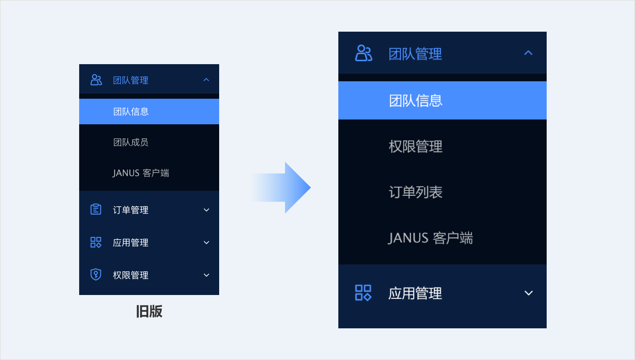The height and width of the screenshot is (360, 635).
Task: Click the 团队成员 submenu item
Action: tap(131, 142)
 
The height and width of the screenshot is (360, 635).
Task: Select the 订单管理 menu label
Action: tap(131, 210)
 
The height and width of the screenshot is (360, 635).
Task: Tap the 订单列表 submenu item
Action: tap(415, 192)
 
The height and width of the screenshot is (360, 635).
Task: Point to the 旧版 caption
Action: tap(149, 311)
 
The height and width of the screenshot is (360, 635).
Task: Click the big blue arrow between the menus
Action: tap(282, 187)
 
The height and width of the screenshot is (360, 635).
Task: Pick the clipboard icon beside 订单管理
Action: tap(96, 210)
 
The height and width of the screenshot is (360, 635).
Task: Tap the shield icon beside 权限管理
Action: tap(96, 275)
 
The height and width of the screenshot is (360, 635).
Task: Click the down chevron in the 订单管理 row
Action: tap(206, 210)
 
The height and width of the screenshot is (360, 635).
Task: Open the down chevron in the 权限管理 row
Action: tap(206, 275)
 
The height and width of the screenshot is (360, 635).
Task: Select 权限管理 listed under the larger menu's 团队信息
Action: tap(415, 146)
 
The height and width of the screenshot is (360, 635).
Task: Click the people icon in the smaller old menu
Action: tap(96, 80)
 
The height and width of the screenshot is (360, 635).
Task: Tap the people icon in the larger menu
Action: tap(364, 53)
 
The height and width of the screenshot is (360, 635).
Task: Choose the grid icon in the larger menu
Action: tap(363, 293)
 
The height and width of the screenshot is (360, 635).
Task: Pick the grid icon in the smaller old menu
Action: tap(96, 242)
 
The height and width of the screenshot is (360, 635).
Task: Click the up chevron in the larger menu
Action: tap(528, 53)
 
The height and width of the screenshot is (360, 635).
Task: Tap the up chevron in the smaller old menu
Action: tap(206, 80)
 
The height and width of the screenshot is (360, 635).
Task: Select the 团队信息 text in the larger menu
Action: tap(415, 100)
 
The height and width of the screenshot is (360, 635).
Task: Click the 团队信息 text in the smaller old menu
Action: tap(131, 111)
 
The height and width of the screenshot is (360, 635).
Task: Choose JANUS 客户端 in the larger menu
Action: tap(430, 238)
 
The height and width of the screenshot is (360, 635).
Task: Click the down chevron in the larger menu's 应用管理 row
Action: tap(528, 293)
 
